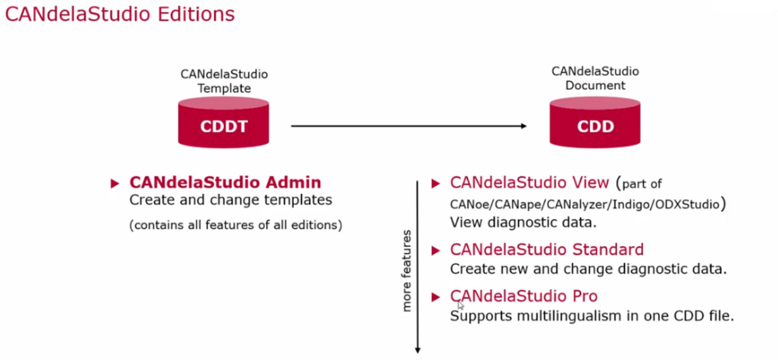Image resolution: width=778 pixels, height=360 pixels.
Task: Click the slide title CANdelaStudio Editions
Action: (120, 14)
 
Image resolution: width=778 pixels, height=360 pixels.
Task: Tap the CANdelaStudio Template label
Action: (224, 81)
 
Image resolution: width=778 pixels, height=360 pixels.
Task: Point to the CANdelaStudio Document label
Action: (595, 78)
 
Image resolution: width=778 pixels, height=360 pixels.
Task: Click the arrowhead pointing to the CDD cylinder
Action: (523, 126)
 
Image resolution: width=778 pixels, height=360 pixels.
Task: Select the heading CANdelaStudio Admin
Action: (225, 182)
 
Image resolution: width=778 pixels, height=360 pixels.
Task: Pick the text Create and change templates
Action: (231, 200)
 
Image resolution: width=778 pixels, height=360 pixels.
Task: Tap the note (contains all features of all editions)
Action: (236, 225)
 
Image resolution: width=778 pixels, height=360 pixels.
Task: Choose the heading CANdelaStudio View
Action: (529, 182)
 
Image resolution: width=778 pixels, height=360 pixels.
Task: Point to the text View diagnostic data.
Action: (523, 222)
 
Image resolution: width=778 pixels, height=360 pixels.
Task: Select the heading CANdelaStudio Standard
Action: (546, 249)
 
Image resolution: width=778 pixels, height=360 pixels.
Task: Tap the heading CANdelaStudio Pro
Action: (523, 296)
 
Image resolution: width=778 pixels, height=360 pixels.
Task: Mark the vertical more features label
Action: (406, 270)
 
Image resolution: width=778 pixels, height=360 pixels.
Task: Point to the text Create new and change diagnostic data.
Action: (588, 269)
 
